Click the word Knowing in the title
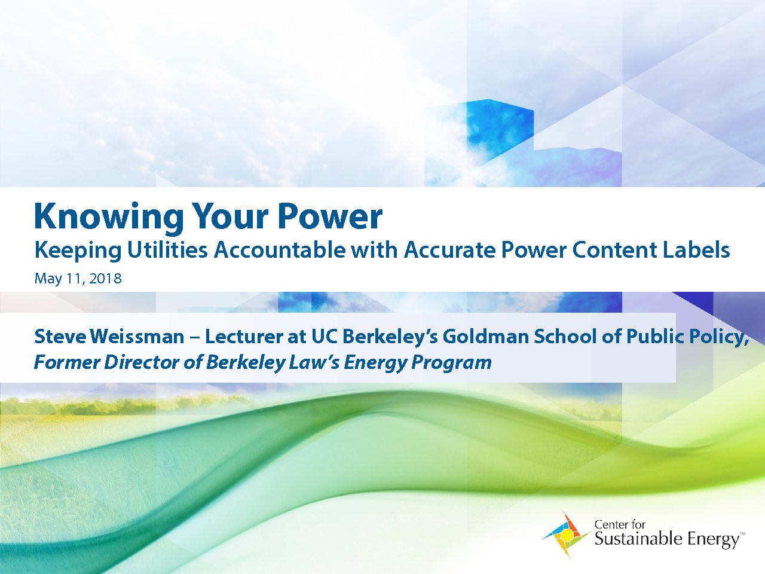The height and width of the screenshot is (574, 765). click(x=109, y=218)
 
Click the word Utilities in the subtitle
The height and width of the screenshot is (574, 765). click(x=167, y=250)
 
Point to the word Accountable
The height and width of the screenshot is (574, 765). click(x=280, y=250)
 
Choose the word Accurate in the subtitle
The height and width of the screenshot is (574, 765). click(x=449, y=250)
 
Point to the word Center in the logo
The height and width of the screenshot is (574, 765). click(x=610, y=524)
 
